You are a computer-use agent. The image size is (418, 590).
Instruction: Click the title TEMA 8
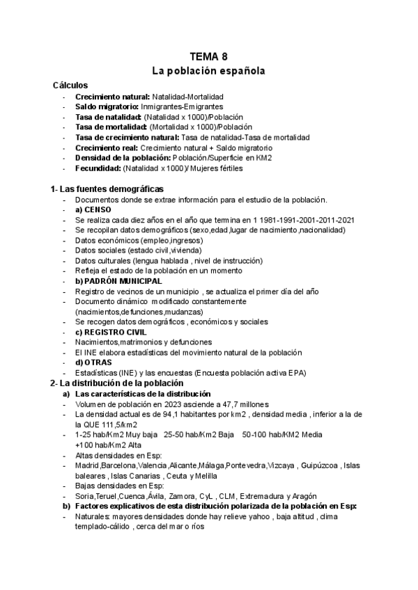tap(208, 56)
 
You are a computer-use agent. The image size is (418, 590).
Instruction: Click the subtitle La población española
tap(208, 71)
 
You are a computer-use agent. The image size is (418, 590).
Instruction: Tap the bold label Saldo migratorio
tap(107, 106)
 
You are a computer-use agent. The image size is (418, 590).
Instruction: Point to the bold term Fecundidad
tap(98, 168)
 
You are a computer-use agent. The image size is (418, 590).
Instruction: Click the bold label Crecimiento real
tap(107, 147)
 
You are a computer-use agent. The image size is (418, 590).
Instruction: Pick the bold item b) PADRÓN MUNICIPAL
tap(119, 281)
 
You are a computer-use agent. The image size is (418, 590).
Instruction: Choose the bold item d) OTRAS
tap(93, 362)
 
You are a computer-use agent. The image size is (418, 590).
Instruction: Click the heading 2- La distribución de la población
tap(116, 383)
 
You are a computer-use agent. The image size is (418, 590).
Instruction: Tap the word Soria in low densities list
tap(85, 496)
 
